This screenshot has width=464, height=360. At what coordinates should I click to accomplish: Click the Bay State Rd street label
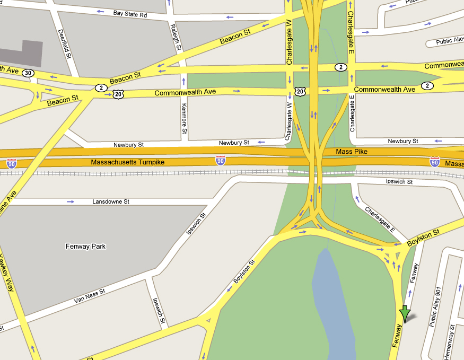[130, 14]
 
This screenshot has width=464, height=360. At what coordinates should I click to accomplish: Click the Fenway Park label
[85, 246]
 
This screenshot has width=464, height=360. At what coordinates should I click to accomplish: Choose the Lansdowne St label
[111, 202]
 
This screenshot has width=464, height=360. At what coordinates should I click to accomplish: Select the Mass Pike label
[352, 152]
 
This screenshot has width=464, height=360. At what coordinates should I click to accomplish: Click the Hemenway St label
[452, 343]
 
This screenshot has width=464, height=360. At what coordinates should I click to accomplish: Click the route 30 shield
[29, 73]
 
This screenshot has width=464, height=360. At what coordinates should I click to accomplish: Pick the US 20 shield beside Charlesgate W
[300, 92]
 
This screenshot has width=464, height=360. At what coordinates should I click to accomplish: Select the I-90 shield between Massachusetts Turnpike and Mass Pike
[220, 160]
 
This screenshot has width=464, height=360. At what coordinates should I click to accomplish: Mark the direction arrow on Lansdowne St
[71, 202]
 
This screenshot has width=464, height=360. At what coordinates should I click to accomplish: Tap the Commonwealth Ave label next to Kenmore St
[185, 92]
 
